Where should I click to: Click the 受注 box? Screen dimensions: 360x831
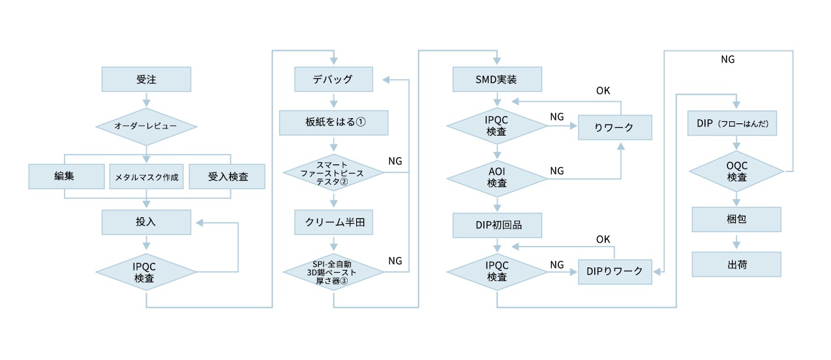(x=146, y=80)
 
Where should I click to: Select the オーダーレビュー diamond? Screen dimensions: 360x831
(x=146, y=125)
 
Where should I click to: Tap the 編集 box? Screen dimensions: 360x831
(x=67, y=176)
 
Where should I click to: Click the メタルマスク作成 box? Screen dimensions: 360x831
(x=147, y=176)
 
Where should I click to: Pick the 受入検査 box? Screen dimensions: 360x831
(x=227, y=176)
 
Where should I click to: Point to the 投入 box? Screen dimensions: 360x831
(x=146, y=222)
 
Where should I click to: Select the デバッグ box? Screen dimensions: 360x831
(x=333, y=80)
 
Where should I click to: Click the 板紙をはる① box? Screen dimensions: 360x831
(x=333, y=123)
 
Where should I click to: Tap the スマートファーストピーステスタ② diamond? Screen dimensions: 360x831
(x=333, y=173)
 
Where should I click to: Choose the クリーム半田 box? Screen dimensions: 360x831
(x=333, y=222)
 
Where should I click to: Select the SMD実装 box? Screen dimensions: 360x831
(x=498, y=80)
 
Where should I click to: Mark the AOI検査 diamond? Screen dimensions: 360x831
(x=498, y=178)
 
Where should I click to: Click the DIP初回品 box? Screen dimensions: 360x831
(x=498, y=225)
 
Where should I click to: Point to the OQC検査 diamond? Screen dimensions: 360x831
(x=736, y=172)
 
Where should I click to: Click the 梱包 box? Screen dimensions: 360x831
(x=736, y=219)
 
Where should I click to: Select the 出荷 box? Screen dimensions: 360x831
(x=736, y=264)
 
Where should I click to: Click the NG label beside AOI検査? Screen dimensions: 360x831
(x=556, y=170)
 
